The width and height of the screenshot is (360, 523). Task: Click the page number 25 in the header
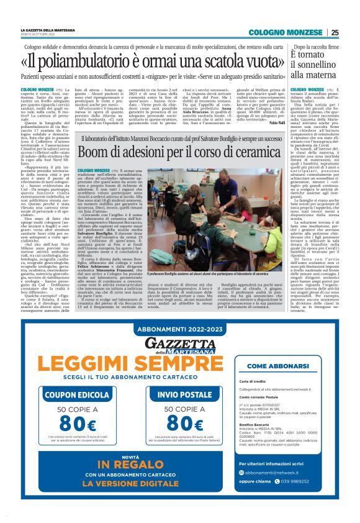335,32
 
